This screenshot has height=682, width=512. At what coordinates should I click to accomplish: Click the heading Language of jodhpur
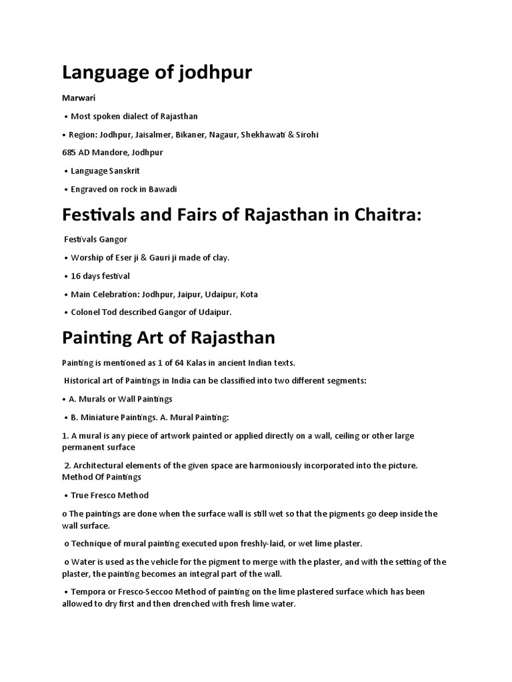(x=157, y=72)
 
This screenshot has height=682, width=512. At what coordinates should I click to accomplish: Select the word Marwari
(x=79, y=98)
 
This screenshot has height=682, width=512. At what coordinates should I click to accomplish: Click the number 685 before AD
(x=69, y=153)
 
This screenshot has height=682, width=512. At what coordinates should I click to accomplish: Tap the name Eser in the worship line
(x=123, y=258)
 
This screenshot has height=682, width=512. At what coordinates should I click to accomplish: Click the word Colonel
(x=87, y=312)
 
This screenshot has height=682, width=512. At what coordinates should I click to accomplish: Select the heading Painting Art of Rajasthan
(x=169, y=337)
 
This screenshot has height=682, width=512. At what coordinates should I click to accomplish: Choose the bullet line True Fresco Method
(x=109, y=496)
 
